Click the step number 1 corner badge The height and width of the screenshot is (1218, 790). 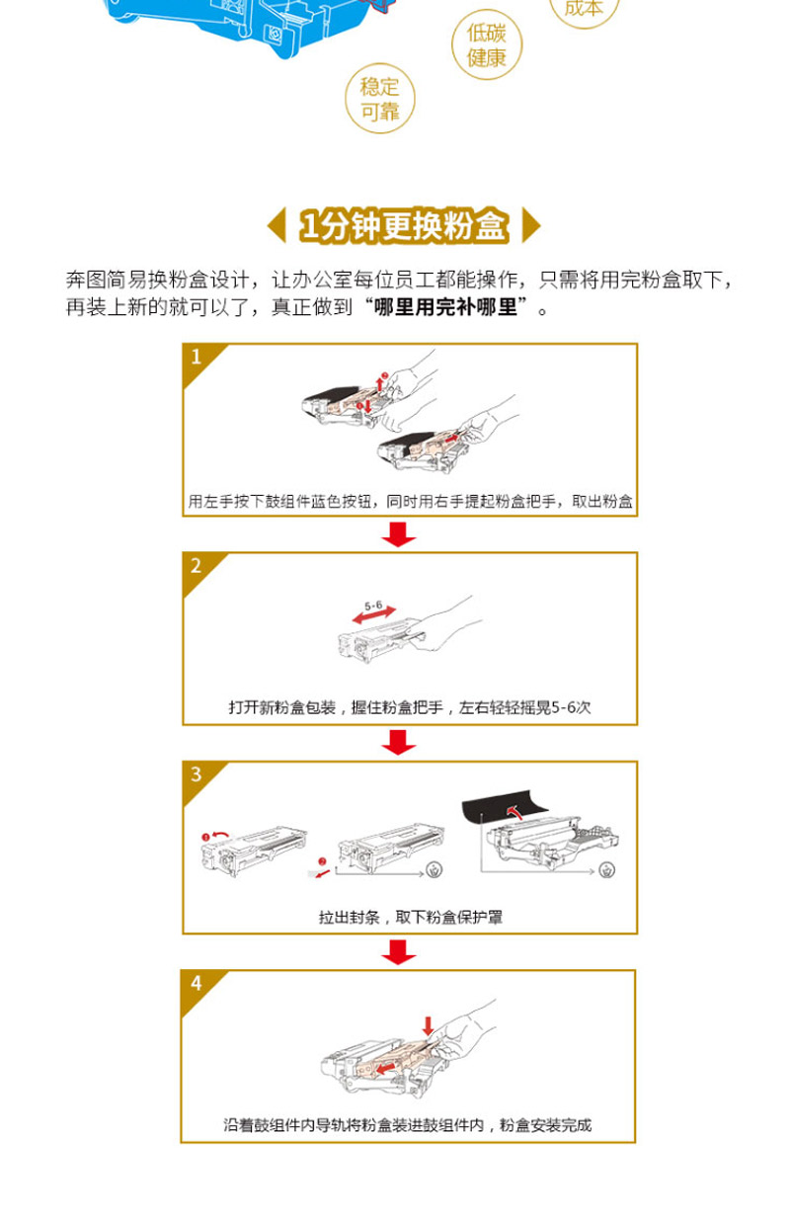tap(199, 361)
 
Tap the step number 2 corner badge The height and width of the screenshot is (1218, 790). tap(199, 569)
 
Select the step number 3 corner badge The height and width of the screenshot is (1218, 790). tap(199, 778)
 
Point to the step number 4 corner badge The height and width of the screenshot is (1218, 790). tap(197, 987)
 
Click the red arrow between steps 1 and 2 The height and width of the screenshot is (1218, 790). tap(399, 534)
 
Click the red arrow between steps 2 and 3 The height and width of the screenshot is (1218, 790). tap(399, 742)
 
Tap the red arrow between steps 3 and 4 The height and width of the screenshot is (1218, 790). tap(399, 952)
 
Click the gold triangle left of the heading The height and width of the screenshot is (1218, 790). tap(276, 225)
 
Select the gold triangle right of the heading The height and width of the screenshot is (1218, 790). tap(531, 225)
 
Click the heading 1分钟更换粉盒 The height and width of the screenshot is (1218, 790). tap(404, 225)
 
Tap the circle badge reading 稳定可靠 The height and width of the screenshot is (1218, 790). tap(380, 99)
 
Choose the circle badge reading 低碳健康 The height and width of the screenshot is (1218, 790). tap(487, 45)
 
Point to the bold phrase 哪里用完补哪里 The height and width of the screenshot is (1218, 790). tap(445, 307)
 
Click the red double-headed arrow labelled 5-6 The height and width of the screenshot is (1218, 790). tap(374, 615)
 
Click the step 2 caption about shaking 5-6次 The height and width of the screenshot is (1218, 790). tap(410, 707)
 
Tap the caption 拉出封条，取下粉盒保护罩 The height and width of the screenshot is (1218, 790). tap(411, 918)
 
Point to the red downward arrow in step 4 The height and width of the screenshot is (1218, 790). tap(428, 1026)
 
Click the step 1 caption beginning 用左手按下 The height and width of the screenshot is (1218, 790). tap(411, 501)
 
